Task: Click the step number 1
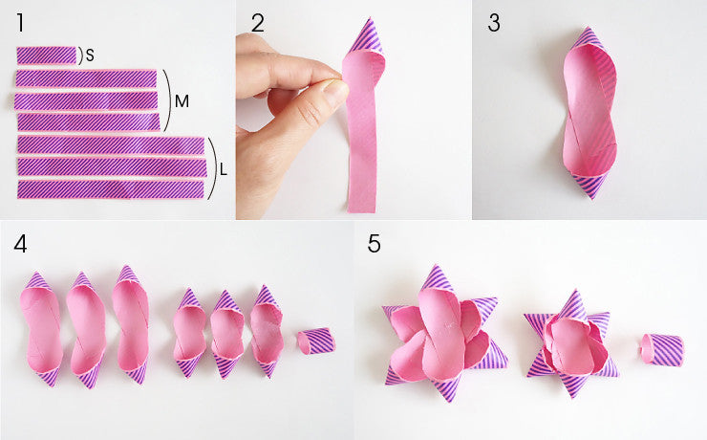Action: click(20, 23)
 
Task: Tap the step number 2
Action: click(257, 24)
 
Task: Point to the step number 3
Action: click(494, 24)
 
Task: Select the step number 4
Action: click(20, 244)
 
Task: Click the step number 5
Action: click(374, 244)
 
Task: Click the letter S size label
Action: click(90, 55)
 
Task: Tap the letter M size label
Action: click(182, 101)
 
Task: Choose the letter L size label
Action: click(224, 170)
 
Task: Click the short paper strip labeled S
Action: click(47, 55)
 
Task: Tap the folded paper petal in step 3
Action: click(589, 113)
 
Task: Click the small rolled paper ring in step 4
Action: click(316, 341)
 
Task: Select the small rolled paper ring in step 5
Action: click(662, 349)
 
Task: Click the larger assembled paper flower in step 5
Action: click(444, 334)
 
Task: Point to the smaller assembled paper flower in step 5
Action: click(571, 344)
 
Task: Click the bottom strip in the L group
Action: click(111, 189)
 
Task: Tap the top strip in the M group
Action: click(86, 78)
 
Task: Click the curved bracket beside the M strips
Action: click(170, 100)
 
